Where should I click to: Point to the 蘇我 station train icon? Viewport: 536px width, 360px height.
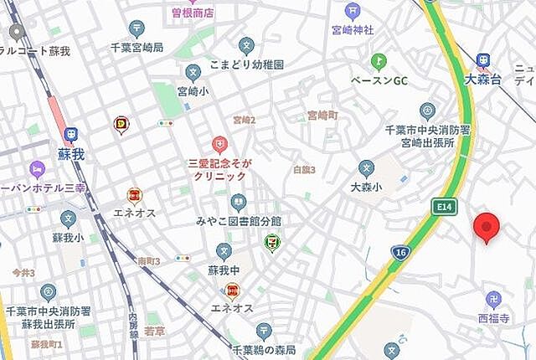coord(72,133)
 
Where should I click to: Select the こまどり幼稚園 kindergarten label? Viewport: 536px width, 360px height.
coord(247,64)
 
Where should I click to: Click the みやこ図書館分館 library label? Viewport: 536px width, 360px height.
coord(239,220)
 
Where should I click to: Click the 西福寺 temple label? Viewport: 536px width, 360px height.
coord(493,318)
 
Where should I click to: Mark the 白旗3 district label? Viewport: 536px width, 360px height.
coord(304,170)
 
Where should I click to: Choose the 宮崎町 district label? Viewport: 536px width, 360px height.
coord(322,115)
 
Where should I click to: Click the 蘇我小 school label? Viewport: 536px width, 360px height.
coord(67,238)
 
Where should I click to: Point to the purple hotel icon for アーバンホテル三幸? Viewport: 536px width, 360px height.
coord(36,169)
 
